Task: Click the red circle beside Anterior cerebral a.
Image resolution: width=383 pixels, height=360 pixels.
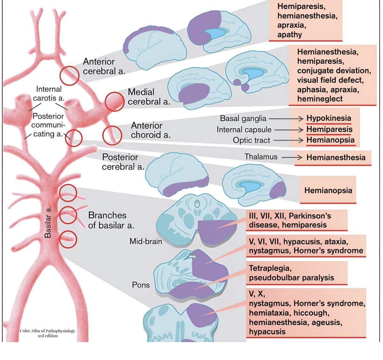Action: point(69,76)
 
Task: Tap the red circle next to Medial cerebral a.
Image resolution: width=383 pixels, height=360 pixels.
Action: point(115,102)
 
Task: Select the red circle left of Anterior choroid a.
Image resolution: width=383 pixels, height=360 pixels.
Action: point(112,135)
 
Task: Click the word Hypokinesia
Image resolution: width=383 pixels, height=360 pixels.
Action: point(328,118)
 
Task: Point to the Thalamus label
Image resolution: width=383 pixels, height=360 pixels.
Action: point(261,157)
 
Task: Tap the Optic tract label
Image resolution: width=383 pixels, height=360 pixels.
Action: point(251,140)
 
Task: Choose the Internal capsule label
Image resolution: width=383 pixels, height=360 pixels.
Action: point(244,130)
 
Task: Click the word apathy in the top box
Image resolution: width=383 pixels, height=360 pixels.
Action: point(289,34)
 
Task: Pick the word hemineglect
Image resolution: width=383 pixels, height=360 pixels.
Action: point(320,99)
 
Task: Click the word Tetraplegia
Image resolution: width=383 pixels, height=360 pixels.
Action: point(270,268)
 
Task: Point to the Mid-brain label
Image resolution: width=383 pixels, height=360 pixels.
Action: point(146,241)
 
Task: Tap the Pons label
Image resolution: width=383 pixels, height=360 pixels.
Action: point(141,285)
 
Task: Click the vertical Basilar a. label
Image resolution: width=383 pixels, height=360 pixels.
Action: point(48,222)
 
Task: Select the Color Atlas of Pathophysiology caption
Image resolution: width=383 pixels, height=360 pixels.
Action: point(48,333)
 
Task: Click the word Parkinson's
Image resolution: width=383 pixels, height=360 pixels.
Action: point(310,216)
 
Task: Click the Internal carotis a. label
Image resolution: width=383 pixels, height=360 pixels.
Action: point(49,94)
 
